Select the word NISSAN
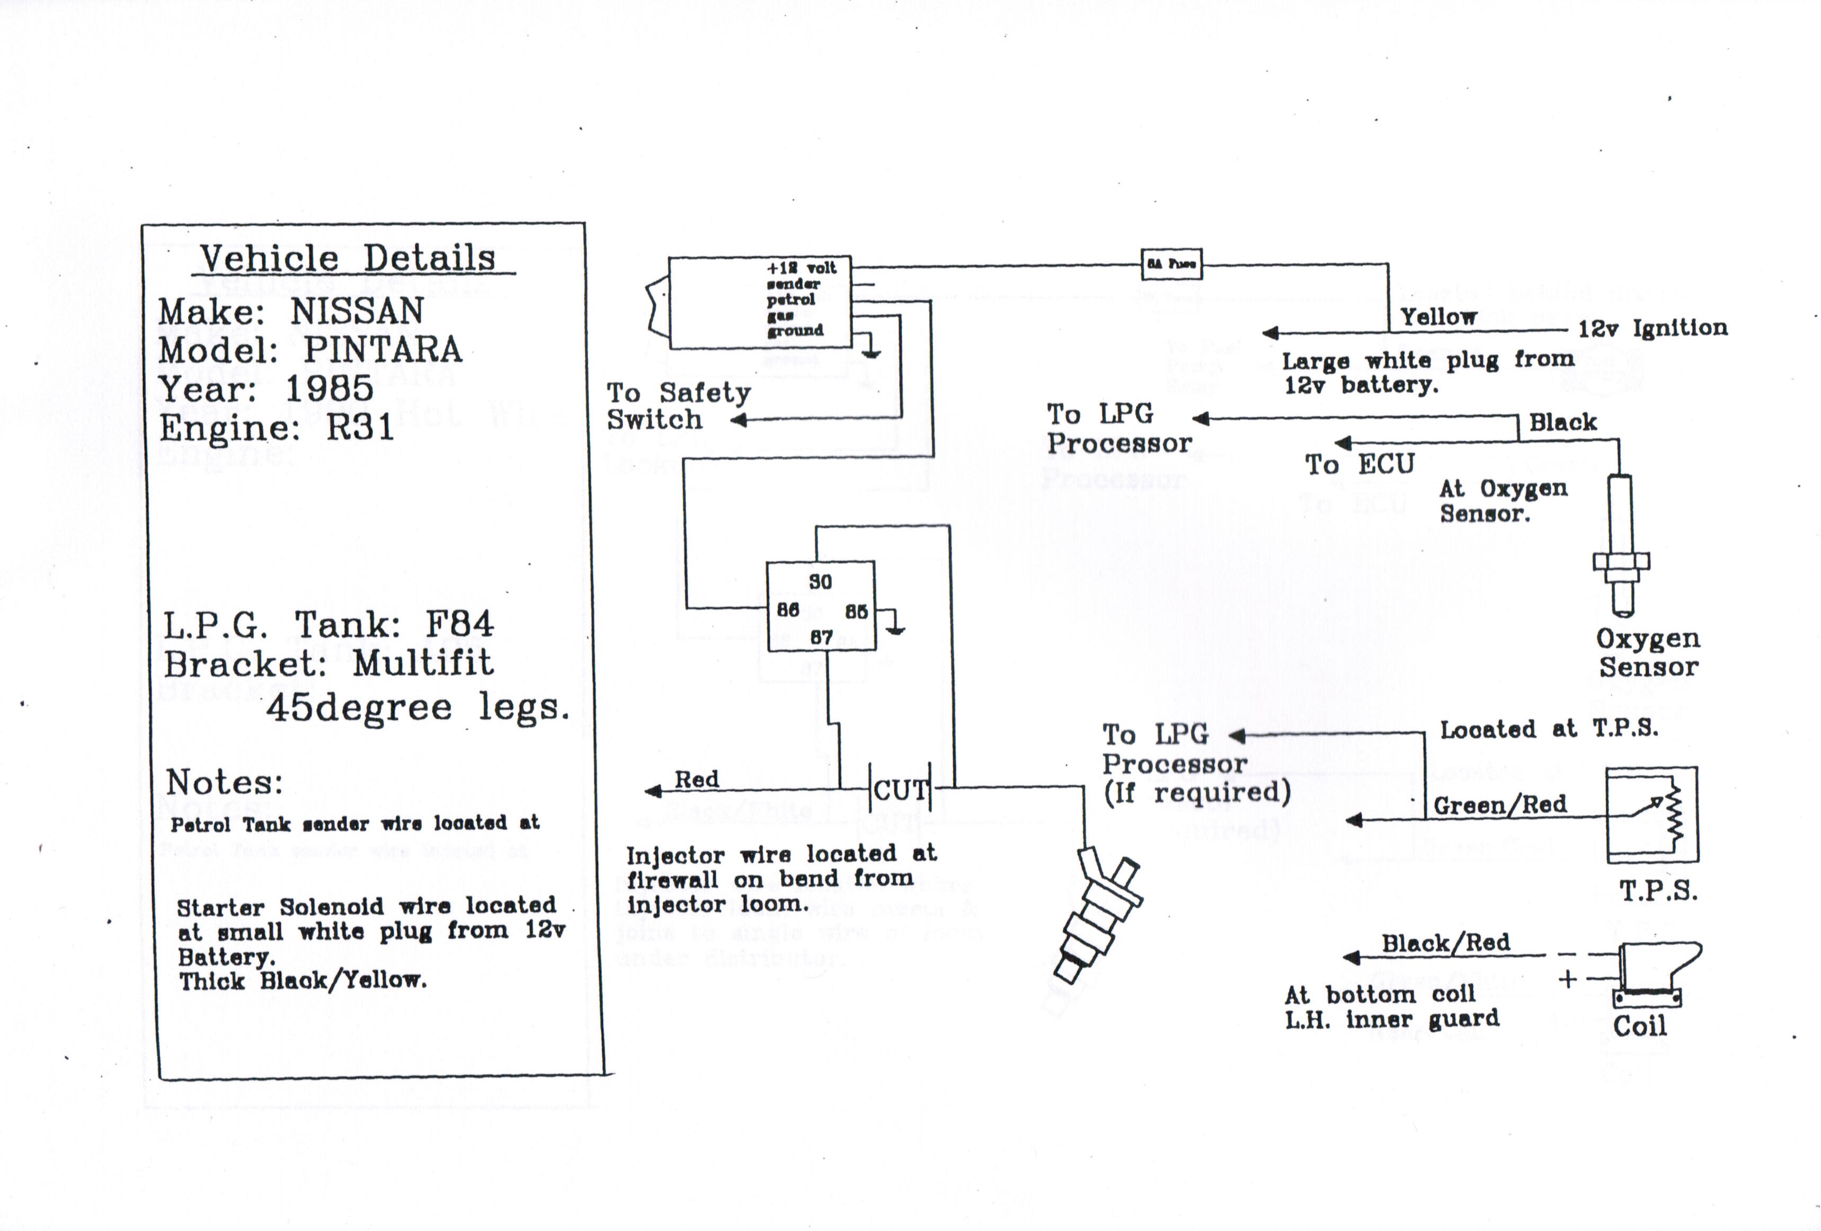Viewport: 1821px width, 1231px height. [x=357, y=312]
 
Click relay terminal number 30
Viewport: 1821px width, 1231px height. [x=820, y=581]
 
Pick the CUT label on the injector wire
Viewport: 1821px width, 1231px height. [x=900, y=790]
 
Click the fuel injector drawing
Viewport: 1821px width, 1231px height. [x=1097, y=917]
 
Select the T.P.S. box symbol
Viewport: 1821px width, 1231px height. [x=1652, y=815]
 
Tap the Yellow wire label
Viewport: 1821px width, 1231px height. [x=1438, y=317]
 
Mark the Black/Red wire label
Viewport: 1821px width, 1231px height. [x=1446, y=943]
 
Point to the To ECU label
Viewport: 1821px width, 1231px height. [x=1360, y=465]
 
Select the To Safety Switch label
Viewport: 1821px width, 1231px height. [x=678, y=406]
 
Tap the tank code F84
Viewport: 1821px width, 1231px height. [x=460, y=625]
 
